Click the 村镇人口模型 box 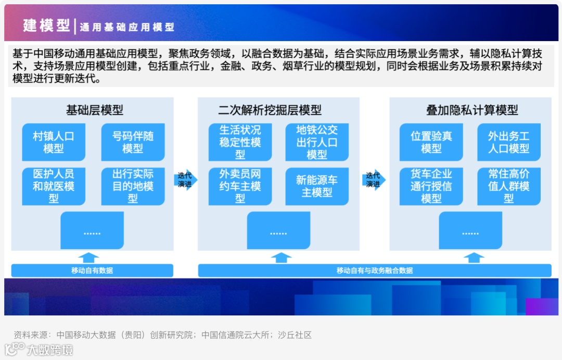[x=54, y=142]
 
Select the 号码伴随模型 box [x=133, y=142]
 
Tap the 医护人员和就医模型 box [x=54, y=186]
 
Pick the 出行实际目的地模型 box [x=133, y=186]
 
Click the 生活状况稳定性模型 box [x=240, y=142]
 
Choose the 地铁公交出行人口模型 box [x=317, y=142]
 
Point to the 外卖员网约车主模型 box [x=240, y=186]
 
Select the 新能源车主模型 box [x=317, y=186]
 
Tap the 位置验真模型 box [x=431, y=142]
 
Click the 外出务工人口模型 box [x=509, y=142]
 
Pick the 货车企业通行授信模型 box [x=431, y=186]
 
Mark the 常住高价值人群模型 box [x=509, y=186]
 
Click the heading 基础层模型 [x=95, y=110]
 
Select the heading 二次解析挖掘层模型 [x=270, y=110]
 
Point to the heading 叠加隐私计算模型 [x=472, y=110]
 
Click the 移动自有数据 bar [x=92, y=271]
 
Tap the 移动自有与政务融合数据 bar [x=375, y=271]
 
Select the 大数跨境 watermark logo [x=39, y=350]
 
